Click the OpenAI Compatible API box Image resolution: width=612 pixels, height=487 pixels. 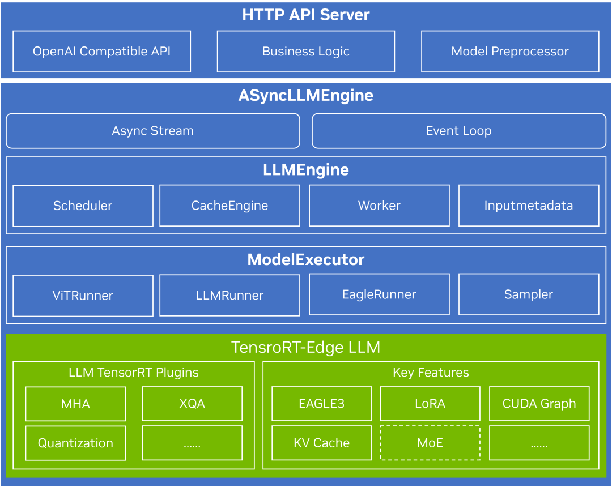pos(102,52)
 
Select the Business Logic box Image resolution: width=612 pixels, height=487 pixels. pos(306,52)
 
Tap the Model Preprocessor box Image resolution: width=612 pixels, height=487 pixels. pos(510,52)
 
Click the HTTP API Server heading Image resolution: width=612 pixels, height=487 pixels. pos(306,15)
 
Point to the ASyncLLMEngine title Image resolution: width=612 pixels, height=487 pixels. pos(306,96)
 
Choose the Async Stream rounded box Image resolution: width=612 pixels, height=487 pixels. pos(153,131)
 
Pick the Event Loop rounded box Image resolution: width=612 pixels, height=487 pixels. pos(459,131)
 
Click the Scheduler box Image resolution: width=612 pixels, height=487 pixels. pos(83,206)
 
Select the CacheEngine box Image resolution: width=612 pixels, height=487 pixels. pos(230,206)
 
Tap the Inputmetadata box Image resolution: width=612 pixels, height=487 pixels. pos(529,206)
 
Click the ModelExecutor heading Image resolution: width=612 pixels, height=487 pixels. pos(306,260)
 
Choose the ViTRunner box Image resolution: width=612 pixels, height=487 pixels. pos(83,296)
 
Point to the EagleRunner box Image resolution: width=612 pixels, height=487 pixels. pos(379,294)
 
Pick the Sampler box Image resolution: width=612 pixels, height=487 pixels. pos(529,294)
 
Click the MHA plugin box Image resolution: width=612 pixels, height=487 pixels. pos(76,404)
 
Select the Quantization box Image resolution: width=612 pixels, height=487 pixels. pos(76,443)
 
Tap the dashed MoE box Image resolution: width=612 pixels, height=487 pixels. pos(430,443)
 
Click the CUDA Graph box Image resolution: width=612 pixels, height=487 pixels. pos(539,404)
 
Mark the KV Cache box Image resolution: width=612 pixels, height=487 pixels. pos(322,443)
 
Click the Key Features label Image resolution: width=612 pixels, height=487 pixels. pos(431,373)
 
